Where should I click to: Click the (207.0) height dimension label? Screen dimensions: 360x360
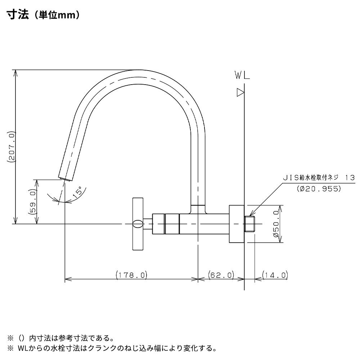[x=11, y=147]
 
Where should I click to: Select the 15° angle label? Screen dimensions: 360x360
[x=77, y=192]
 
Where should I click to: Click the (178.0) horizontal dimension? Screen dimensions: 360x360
[x=132, y=275]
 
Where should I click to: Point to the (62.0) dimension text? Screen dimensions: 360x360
[x=221, y=275]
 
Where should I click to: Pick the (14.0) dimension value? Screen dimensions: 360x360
[x=275, y=275]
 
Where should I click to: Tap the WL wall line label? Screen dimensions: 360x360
[x=242, y=76]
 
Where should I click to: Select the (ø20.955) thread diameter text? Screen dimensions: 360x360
[x=319, y=188]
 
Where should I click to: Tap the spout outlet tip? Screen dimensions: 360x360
[x=65, y=178]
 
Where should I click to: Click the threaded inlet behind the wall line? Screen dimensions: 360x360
[x=250, y=224]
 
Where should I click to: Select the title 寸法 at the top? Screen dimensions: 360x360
[x=17, y=15]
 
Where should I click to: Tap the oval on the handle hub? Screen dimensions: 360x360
[x=137, y=224]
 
